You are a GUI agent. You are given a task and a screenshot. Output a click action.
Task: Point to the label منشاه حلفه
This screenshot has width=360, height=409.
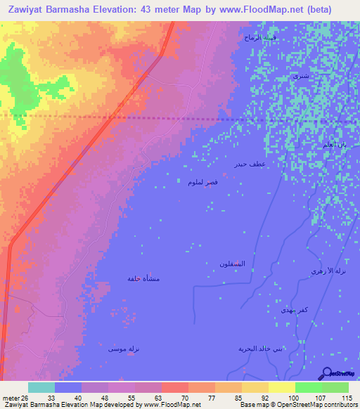click(143, 279)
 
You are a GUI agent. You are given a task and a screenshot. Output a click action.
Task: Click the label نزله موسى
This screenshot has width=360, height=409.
click(122, 348)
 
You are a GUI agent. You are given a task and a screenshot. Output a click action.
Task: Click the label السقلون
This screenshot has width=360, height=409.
click(233, 264)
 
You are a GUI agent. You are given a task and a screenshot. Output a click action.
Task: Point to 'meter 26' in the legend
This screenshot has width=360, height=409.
click(15, 397)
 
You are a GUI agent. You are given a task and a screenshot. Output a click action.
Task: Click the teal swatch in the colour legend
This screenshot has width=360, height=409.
click(41, 387)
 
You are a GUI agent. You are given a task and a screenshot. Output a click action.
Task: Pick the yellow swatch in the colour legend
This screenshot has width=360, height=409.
click(282, 387)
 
